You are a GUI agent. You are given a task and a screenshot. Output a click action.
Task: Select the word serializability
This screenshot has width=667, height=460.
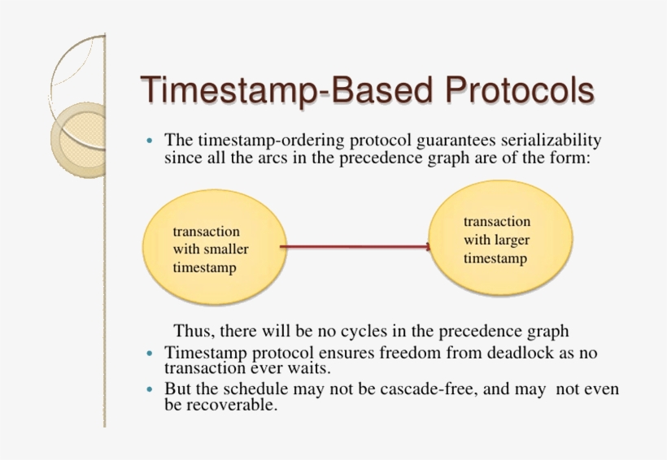coord(548,141)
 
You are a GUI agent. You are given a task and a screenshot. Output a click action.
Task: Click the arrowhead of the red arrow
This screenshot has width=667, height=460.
coord(428,246)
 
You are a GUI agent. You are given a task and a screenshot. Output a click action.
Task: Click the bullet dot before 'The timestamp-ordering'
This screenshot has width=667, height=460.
coord(149,141)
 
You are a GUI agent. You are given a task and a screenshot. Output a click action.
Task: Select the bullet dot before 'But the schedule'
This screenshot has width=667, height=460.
coord(149,389)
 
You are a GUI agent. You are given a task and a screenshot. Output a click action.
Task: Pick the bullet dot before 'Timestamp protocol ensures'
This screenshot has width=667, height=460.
coord(149,353)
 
